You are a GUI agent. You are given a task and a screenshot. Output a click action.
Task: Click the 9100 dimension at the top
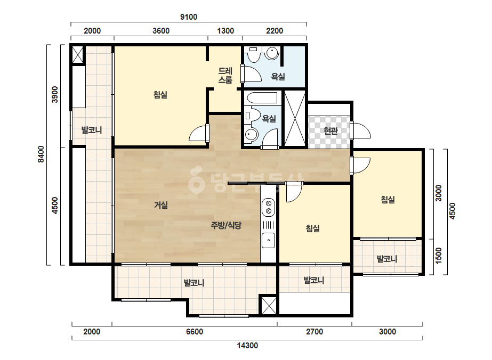click(x=189, y=17)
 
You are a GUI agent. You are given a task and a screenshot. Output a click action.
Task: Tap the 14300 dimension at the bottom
click(x=247, y=346)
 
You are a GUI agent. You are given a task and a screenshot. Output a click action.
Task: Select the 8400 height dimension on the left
click(x=41, y=154)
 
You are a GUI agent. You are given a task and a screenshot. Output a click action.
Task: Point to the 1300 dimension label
click(x=225, y=31)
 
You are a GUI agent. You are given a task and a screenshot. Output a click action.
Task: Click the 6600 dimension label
click(x=195, y=332)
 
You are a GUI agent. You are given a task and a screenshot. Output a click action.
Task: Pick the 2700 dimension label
click(x=314, y=332)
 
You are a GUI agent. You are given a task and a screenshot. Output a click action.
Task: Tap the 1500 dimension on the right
click(x=438, y=256)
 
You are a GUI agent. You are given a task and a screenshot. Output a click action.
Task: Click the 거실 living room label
click(x=161, y=206)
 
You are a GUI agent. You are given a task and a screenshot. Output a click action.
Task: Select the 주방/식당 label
click(x=226, y=225)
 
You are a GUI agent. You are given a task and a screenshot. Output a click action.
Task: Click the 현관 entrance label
click(x=330, y=131)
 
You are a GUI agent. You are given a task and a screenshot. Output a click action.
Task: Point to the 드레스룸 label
click(x=225, y=76)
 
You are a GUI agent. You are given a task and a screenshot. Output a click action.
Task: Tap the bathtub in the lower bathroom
click(x=262, y=98)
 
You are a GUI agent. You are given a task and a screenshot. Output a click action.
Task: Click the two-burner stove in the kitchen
click(x=269, y=207)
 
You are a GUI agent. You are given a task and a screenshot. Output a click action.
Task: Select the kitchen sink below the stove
click(x=269, y=241)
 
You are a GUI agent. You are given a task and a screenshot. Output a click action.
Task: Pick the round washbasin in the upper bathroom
click(x=272, y=53)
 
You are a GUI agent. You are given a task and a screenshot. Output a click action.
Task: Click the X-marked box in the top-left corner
click(x=78, y=55)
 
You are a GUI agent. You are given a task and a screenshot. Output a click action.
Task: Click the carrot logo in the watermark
click(x=196, y=179)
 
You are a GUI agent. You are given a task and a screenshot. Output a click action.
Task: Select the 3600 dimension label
click(x=161, y=31)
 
